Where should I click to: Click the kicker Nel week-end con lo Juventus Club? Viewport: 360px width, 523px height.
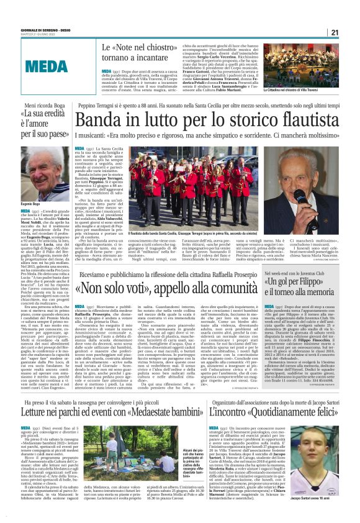pyautogui.click(x=297, y=290)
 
